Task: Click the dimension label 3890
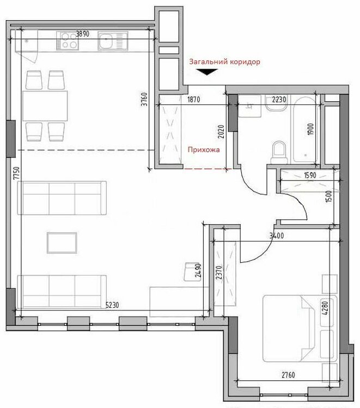pyautogui.click(x=82, y=34)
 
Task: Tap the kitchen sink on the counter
pyautogui.click(x=113, y=41)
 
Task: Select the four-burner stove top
pyautogui.click(x=68, y=41)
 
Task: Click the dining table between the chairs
pyautogui.click(x=45, y=106)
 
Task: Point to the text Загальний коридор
pyautogui.click(x=224, y=62)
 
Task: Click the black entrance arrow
pyautogui.click(x=207, y=72)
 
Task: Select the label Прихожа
pyautogui.click(x=204, y=150)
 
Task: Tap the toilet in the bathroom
pyautogui.click(x=279, y=152)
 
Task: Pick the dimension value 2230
pyautogui.click(x=279, y=100)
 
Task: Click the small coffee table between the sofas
pyautogui.click(x=62, y=243)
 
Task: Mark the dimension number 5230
pyautogui.click(x=112, y=305)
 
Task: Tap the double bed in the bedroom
pyautogui.click(x=300, y=328)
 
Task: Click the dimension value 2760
pyautogui.click(x=288, y=375)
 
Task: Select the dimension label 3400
pyautogui.click(x=277, y=236)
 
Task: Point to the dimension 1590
pyautogui.click(x=310, y=175)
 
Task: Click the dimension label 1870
pyautogui.click(x=193, y=100)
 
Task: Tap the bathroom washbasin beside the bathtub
pyautogui.click(x=276, y=103)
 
